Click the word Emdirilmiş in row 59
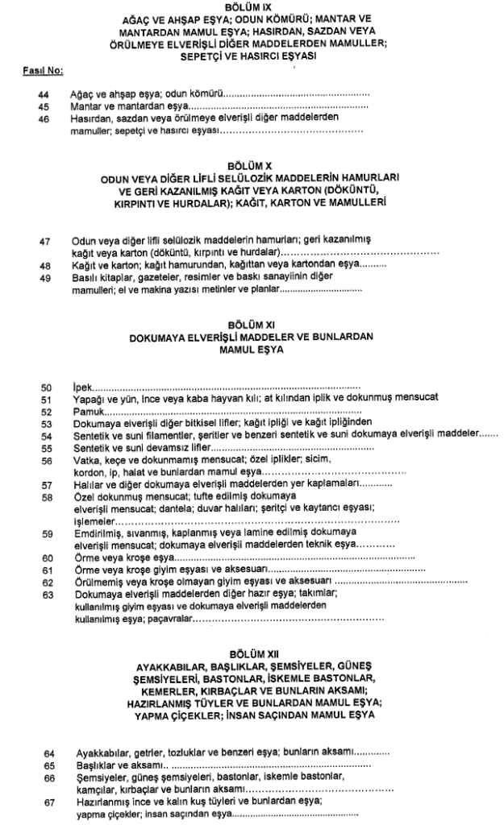click(x=88, y=533)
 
